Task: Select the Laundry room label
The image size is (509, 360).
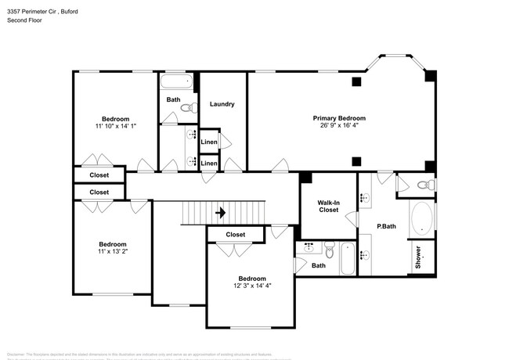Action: point(222,104)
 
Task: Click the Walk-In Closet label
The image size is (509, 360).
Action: point(327,206)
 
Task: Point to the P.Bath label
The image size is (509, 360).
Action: point(385,227)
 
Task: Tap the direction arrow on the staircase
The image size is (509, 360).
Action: point(221,212)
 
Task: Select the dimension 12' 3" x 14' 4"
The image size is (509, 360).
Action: point(251,286)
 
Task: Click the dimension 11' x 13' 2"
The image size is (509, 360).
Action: point(101,252)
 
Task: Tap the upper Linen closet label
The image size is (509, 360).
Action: point(209,142)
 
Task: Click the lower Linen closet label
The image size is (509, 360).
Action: point(209,163)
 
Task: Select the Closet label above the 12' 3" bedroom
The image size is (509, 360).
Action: point(235,235)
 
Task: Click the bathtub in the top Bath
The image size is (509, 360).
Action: point(176,81)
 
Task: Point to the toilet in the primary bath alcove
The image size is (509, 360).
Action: point(423,185)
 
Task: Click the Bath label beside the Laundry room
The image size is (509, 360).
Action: point(173,99)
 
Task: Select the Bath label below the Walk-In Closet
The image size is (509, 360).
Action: point(318,265)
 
